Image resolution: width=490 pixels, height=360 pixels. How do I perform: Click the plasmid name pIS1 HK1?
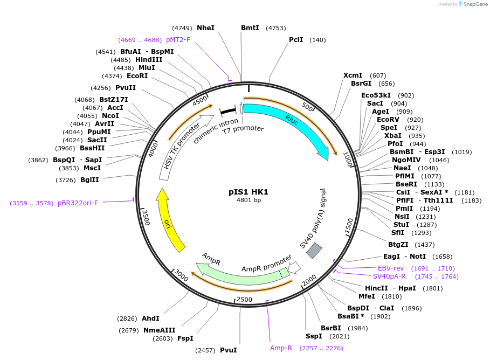pyautogui.click(x=249, y=192)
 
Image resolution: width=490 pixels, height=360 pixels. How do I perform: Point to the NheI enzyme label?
pyautogui.click(x=205, y=27)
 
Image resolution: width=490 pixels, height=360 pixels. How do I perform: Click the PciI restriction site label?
pyautogui.click(x=296, y=40)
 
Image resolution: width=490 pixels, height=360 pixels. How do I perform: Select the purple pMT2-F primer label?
pyautogui.click(x=178, y=39)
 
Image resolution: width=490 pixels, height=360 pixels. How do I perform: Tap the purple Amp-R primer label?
pyautogui.click(x=281, y=348)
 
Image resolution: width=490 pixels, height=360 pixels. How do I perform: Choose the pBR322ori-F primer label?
pyautogui.click(x=78, y=203)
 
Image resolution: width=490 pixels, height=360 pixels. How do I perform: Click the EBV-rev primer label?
pyautogui.click(x=391, y=268)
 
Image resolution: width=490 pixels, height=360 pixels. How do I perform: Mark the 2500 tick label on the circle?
pyautogui.click(x=245, y=299)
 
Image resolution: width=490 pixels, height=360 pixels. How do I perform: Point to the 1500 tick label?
pyautogui.click(x=349, y=225)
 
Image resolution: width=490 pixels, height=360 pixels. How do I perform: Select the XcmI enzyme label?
pyautogui.click(x=353, y=75)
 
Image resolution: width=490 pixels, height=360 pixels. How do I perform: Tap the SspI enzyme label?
pyautogui.click(x=314, y=336)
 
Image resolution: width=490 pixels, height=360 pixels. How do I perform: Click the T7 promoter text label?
pyautogui.click(x=244, y=129)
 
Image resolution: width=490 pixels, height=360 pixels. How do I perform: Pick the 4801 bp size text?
pyautogui.click(x=249, y=200)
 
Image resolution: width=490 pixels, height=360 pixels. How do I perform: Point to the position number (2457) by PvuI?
pyautogui.click(x=205, y=350)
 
